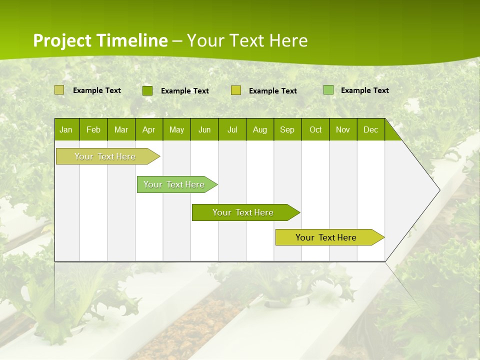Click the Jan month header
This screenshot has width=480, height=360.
pyautogui.click(x=66, y=129)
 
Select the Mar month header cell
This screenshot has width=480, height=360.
pyautogui.click(x=121, y=129)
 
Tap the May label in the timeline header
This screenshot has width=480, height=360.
pyautogui.click(x=176, y=129)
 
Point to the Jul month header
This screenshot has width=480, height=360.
pyautogui.click(x=232, y=129)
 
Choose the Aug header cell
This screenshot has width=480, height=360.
pyautogui.click(x=259, y=129)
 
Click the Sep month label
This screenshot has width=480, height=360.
pyautogui.click(x=287, y=129)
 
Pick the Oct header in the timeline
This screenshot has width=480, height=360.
pyautogui.click(x=315, y=129)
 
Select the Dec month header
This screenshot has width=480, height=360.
pyautogui.click(x=370, y=129)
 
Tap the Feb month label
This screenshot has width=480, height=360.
pyautogui.click(x=93, y=129)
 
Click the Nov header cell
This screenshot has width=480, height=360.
pyautogui.click(x=343, y=129)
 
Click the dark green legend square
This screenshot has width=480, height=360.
pyautogui.click(x=147, y=90)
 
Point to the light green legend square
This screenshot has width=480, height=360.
pyautogui.click(x=328, y=90)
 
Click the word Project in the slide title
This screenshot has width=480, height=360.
pyautogui.click(x=63, y=40)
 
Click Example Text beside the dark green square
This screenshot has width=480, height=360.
pyautogui.click(x=184, y=91)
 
